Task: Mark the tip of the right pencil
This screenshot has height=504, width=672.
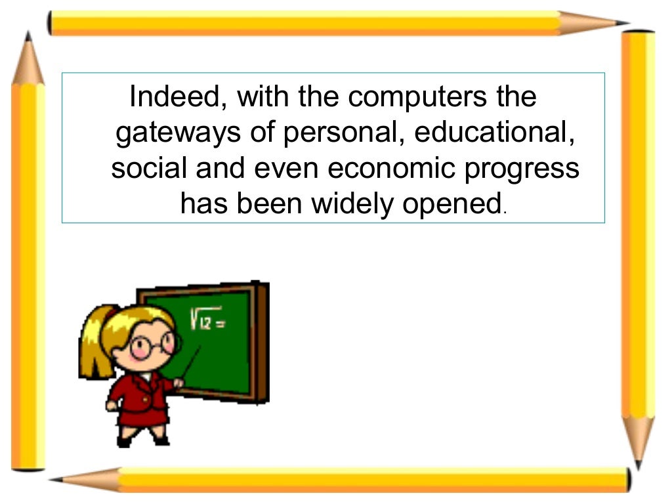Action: tap(637, 463)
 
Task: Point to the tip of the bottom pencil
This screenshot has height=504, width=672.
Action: tap(56, 480)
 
